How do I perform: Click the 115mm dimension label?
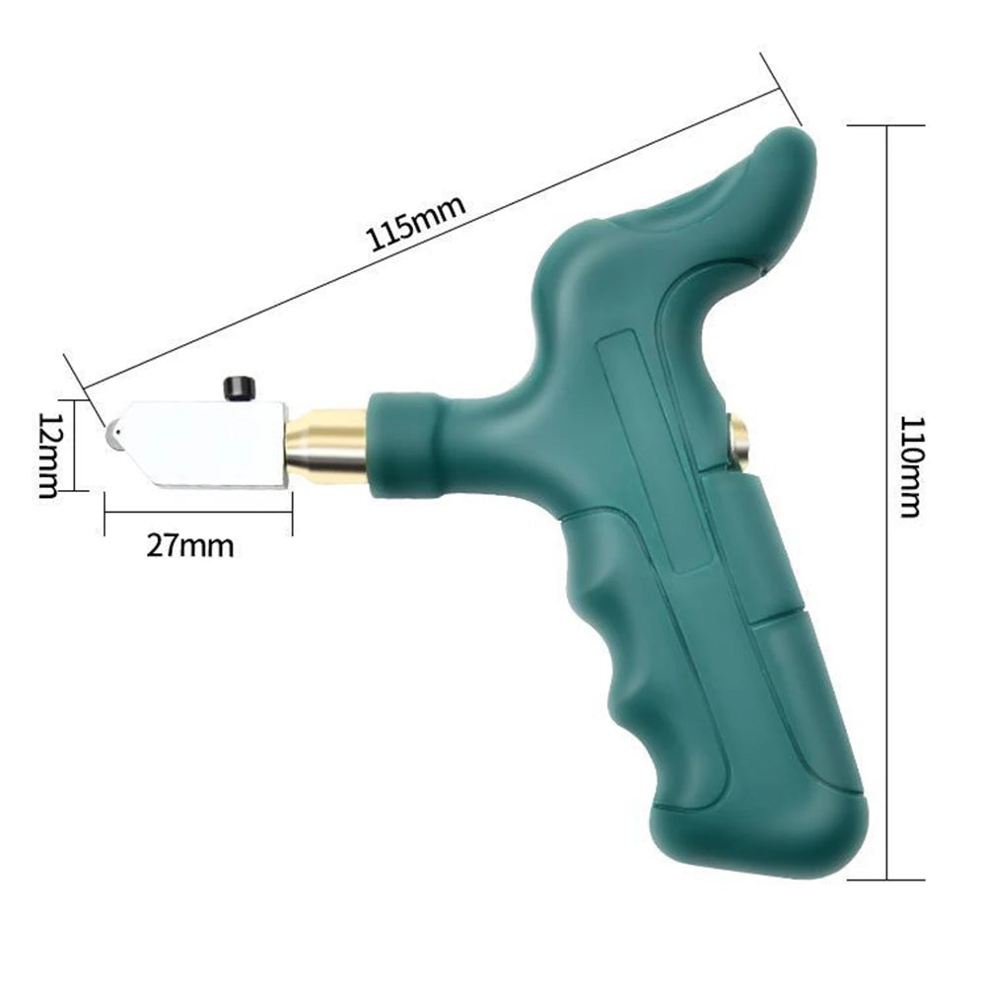pyautogui.click(x=416, y=225)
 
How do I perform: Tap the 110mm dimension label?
pyautogui.click(x=910, y=466)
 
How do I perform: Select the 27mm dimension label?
pyautogui.click(x=190, y=546)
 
